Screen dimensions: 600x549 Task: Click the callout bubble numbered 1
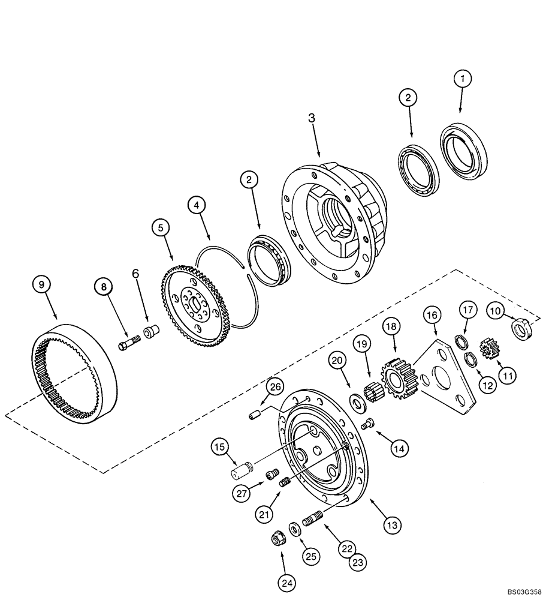pos(462,79)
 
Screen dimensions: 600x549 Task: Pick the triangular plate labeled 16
pos(448,376)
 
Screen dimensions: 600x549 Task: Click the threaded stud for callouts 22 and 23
pos(313,517)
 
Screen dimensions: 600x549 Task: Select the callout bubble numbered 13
pos(391,524)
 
